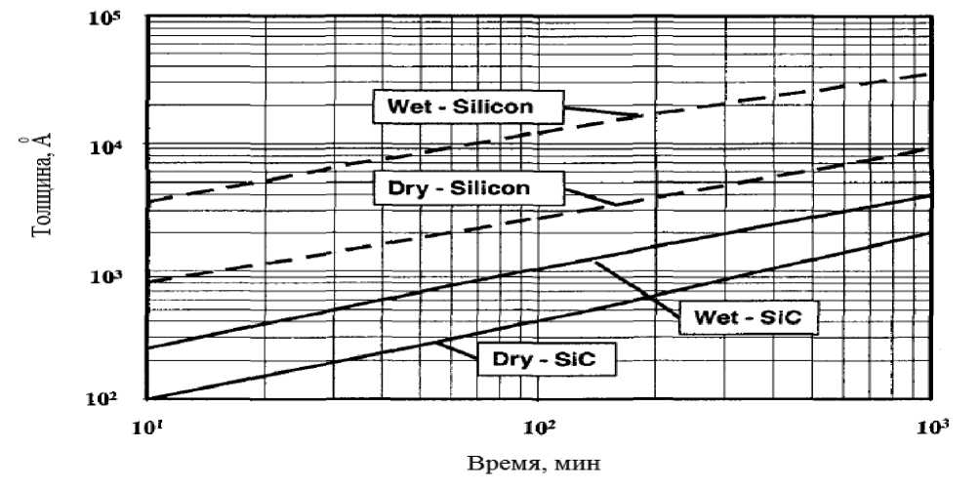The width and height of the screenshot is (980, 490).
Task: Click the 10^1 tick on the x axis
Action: click(148, 426)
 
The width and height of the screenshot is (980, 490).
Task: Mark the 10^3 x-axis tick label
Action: click(934, 426)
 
